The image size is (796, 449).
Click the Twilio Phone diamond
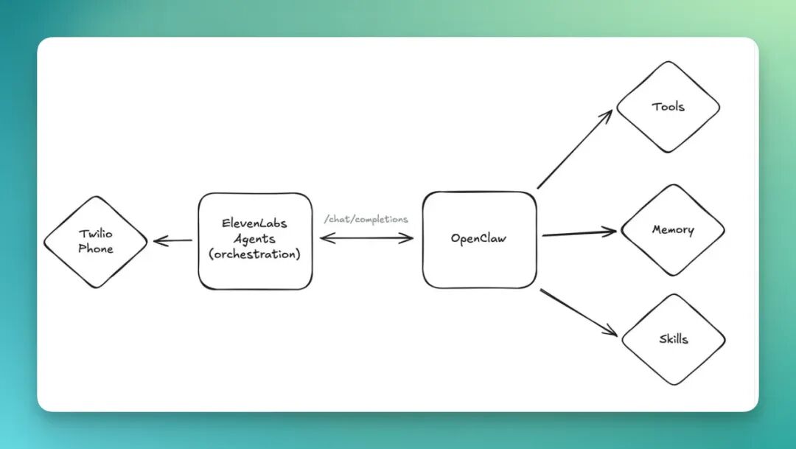pos(95,241)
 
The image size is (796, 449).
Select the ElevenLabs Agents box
pos(255,241)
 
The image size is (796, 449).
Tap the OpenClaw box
pos(479,240)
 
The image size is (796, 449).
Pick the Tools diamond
pos(668,107)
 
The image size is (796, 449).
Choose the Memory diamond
pos(672,230)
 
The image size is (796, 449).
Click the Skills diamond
pos(673,339)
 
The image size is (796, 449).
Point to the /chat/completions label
pos(366,219)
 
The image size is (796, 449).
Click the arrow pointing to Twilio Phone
pos(172,240)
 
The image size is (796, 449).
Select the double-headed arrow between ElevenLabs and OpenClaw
pos(366,237)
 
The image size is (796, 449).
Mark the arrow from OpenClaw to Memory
pos(579,234)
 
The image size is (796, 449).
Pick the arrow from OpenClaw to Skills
pos(578,312)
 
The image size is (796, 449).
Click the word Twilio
pos(96,234)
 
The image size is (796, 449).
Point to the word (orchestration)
pos(255,254)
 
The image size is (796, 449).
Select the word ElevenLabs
pos(255,223)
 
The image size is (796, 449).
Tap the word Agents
pos(255,238)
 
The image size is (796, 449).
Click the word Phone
pos(96,249)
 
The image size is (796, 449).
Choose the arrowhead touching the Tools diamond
pos(609,114)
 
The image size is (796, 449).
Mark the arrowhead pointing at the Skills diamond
pos(612,333)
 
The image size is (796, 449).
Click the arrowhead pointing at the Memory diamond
pos(611,232)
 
